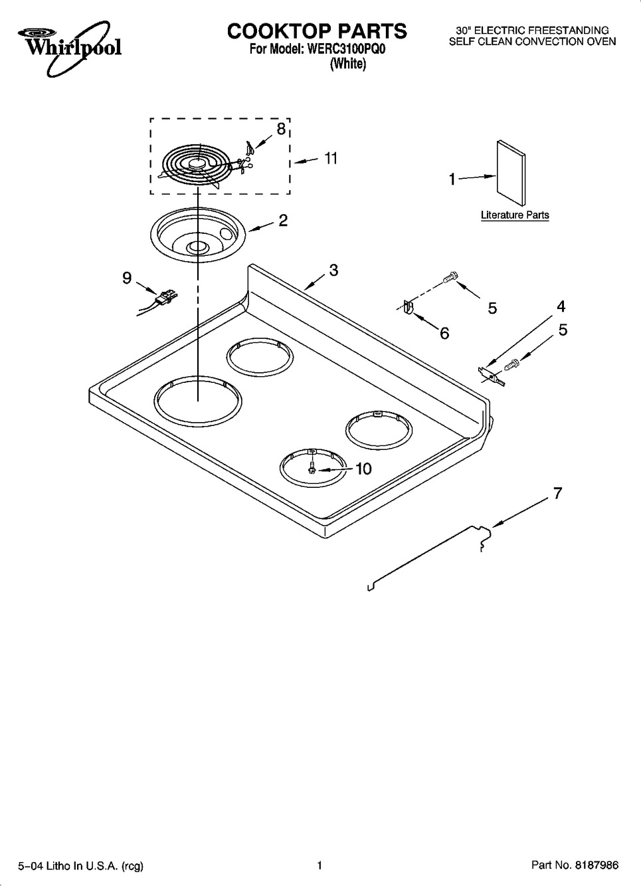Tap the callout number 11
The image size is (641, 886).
click(330, 158)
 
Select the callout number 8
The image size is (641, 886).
click(280, 128)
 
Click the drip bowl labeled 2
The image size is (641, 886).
click(198, 235)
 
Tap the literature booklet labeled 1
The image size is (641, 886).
click(511, 173)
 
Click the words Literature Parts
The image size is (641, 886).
click(515, 215)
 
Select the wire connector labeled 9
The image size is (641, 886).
click(158, 303)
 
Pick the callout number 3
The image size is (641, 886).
click(334, 270)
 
